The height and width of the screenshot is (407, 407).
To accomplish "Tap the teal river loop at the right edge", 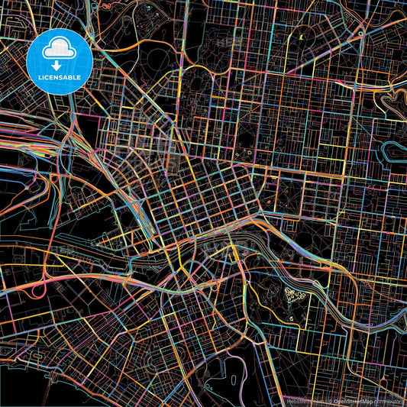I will tap(392, 148).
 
